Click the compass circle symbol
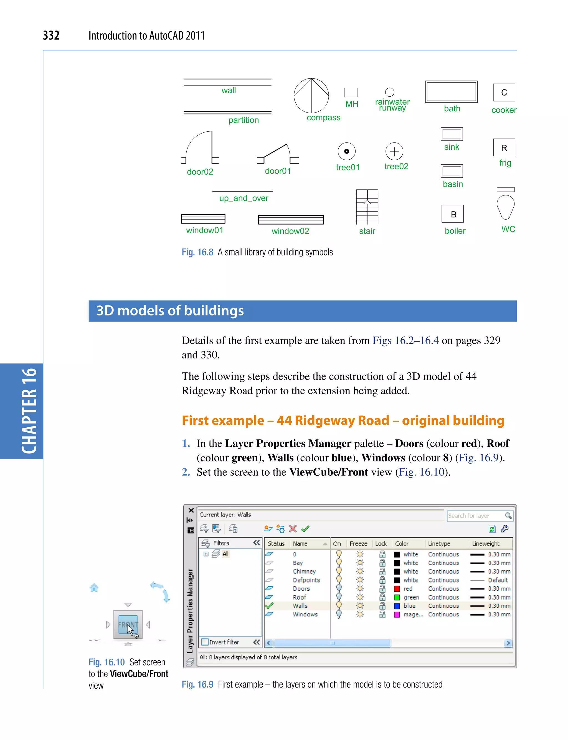(311, 96)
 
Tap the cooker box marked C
(504, 92)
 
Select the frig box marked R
(504, 148)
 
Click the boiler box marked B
(452, 214)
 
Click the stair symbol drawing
(367, 207)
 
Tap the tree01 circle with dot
(347, 151)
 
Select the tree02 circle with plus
(394, 151)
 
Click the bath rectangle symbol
(451, 92)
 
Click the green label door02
(200, 172)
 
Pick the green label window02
(290, 231)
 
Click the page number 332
(51, 36)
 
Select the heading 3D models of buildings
(170, 311)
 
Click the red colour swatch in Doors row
(397, 589)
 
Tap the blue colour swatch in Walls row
(397, 606)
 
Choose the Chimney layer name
(304, 571)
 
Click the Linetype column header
(439, 544)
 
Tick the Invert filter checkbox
(205, 642)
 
